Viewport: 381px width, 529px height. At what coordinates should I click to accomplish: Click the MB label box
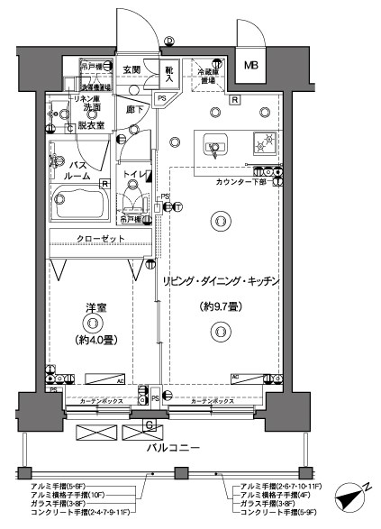tap(249, 64)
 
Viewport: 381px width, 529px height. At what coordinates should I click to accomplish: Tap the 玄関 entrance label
tap(131, 69)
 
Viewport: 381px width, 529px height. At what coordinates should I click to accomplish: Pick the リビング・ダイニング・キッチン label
tap(222, 281)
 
